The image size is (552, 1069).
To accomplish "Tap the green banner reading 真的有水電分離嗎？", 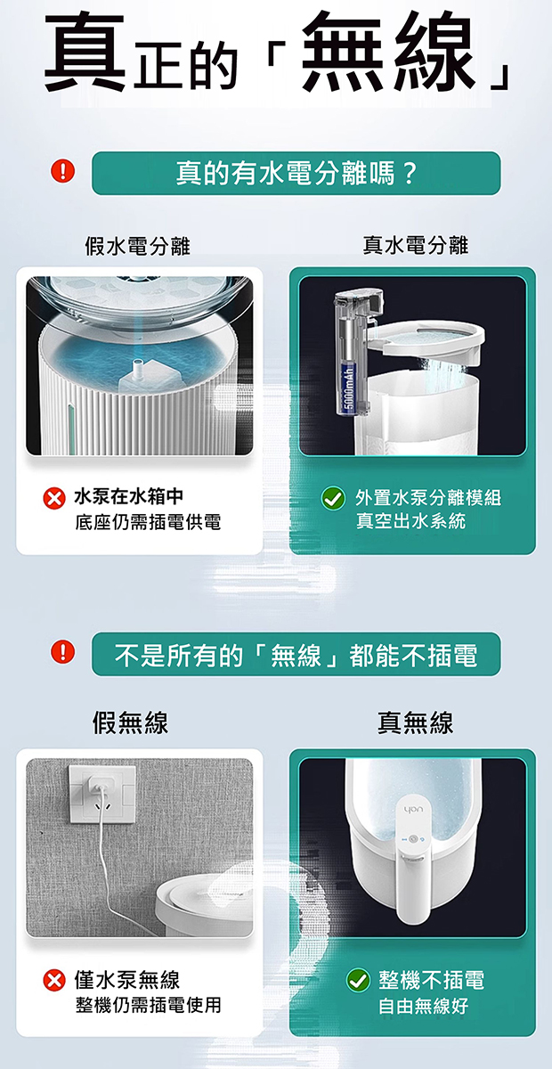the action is click(x=296, y=173).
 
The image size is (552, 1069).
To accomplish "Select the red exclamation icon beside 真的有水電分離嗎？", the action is click(x=62, y=171).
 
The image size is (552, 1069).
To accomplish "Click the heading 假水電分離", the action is click(x=137, y=246).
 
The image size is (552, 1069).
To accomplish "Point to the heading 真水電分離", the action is click(x=416, y=245).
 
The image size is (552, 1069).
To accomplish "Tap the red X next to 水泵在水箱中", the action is click(x=54, y=499).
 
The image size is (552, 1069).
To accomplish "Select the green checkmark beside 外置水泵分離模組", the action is click(x=333, y=499).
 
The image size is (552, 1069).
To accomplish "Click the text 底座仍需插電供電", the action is click(x=148, y=523).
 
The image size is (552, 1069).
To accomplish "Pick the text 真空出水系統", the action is click(x=410, y=520).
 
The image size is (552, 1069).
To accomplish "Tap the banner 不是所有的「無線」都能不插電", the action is click(x=296, y=654).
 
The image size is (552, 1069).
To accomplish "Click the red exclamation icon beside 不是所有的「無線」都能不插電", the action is click(x=62, y=652).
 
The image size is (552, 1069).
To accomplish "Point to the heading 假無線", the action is click(x=130, y=722).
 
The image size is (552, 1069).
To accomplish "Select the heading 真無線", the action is click(x=416, y=722).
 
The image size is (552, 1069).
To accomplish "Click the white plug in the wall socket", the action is click(x=99, y=781).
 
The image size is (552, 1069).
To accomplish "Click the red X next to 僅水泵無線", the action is click(x=54, y=981).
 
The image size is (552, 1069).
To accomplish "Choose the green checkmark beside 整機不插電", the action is click(x=358, y=981).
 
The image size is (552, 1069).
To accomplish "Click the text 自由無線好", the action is click(x=423, y=1006).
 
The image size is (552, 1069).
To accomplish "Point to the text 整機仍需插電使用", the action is click(x=148, y=1005).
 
